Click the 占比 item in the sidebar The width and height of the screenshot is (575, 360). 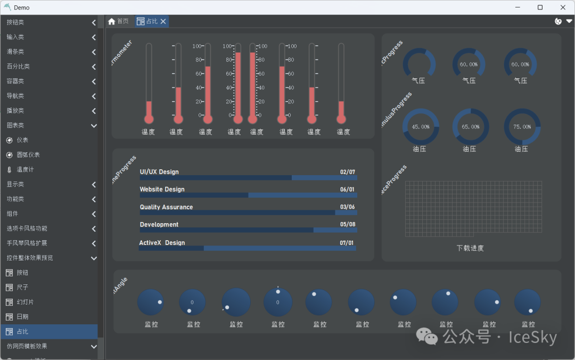[x=22, y=332]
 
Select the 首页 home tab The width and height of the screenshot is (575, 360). [x=118, y=21]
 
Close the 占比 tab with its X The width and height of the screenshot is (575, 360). [x=163, y=21]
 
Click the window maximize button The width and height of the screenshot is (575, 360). [x=540, y=7]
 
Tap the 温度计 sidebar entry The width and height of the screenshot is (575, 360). [x=27, y=169]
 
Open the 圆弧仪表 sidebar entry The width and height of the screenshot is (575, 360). [x=28, y=155]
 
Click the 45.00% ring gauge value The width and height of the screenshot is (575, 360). [x=421, y=127]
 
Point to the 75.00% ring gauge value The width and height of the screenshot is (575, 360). [x=522, y=127]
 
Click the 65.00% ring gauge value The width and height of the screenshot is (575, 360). [x=470, y=127]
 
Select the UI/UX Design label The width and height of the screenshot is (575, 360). [x=159, y=172]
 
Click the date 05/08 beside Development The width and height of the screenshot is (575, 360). [x=348, y=225]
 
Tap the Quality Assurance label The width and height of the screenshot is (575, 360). [x=166, y=207]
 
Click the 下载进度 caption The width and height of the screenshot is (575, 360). [x=470, y=248]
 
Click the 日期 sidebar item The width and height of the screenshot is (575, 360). [x=22, y=317]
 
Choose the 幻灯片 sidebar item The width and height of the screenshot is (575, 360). [x=24, y=302]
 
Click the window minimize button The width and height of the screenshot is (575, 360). [x=517, y=7]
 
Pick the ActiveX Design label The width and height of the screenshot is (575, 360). [x=162, y=243]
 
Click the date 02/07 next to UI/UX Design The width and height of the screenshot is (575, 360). [x=348, y=172]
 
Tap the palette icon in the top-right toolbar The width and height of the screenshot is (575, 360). [x=558, y=21]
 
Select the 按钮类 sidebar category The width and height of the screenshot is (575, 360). [x=15, y=22]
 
